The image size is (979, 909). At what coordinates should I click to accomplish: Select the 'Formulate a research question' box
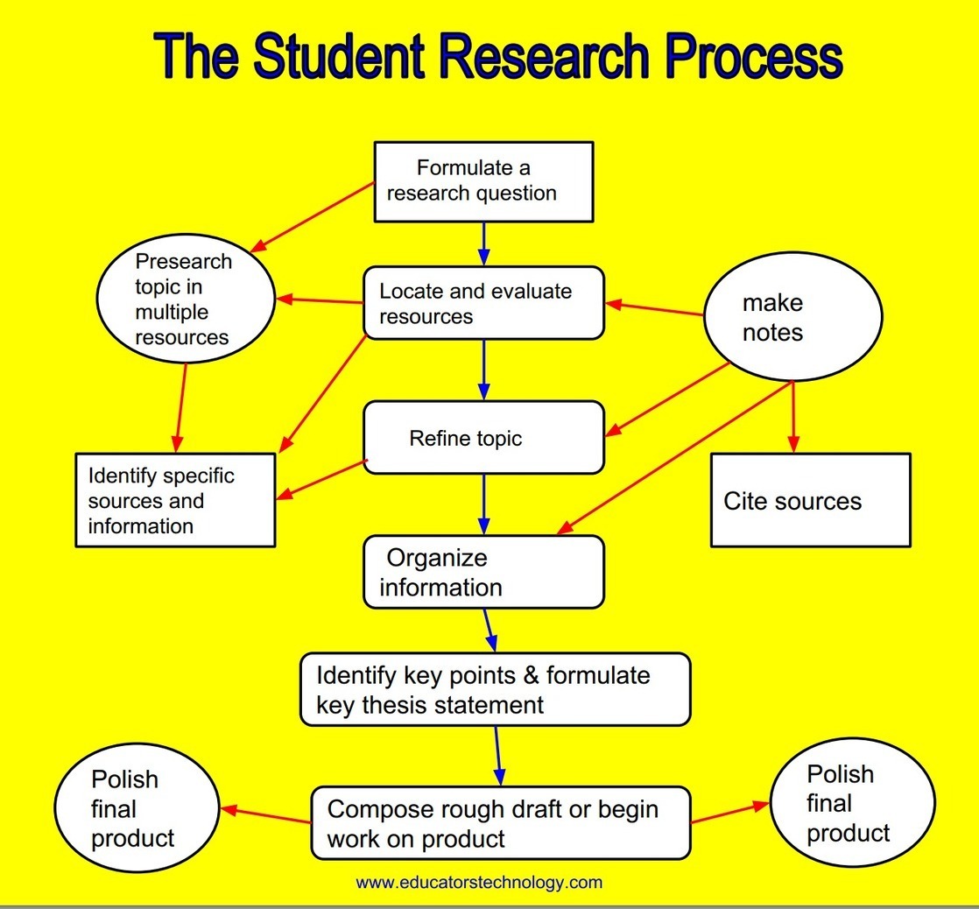pyautogui.click(x=483, y=181)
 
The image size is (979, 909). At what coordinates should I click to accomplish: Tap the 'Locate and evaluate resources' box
pyautogui.click(x=483, y=303)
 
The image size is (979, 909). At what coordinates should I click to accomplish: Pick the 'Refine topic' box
pyautogui.click(x=483, y=438)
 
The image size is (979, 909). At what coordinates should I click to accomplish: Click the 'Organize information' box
pyautogui.click(x=483, y=572)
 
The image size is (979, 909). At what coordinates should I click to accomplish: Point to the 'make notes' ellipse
pyautogui.click(x=792, y=317)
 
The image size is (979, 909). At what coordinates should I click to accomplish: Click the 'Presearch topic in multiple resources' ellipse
pyautogui.click(x=186, y=299)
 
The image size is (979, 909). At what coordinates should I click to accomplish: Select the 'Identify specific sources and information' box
pyautogui.click(x=175, y=500)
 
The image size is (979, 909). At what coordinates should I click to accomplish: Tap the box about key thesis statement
pyautogui.click(x=495, y=690)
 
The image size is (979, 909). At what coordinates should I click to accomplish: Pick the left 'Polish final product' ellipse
pyautogui.click(x=136, y=808)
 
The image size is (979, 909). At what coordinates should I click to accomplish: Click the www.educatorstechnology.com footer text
pyautogui.click(x=479, y=882)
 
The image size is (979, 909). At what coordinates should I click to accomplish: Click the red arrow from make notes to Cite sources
pyautogui.click(x=793, y=416)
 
